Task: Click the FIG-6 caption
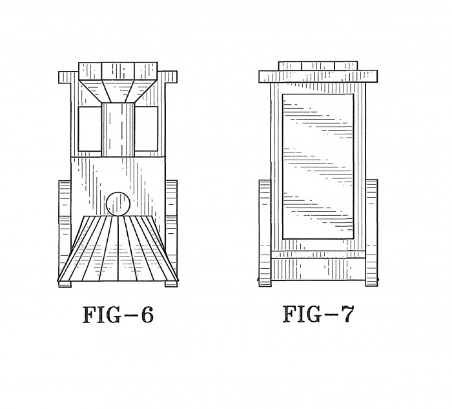point(118,315)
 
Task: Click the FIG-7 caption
point(318,314)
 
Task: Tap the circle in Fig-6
point(118,204)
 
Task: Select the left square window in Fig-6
point(90,129)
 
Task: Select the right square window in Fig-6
point(146,129)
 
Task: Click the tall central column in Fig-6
point(118,129)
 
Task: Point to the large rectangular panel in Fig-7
point(318,167)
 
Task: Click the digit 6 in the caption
point(147,315)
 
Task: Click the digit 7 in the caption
point(347,314)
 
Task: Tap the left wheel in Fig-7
point(265,233)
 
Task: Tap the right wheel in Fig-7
point(371,233)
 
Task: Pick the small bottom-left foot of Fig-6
point(65,284)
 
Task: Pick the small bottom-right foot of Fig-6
point(171,284)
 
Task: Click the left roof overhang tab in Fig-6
point(65,78)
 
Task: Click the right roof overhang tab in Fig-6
point(171,77)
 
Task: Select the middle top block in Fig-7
point(318,66)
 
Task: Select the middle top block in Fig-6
point(118,71)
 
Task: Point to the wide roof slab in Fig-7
point(318,76)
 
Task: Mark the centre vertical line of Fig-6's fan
point(118,248)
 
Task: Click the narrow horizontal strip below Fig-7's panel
point(318,255)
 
